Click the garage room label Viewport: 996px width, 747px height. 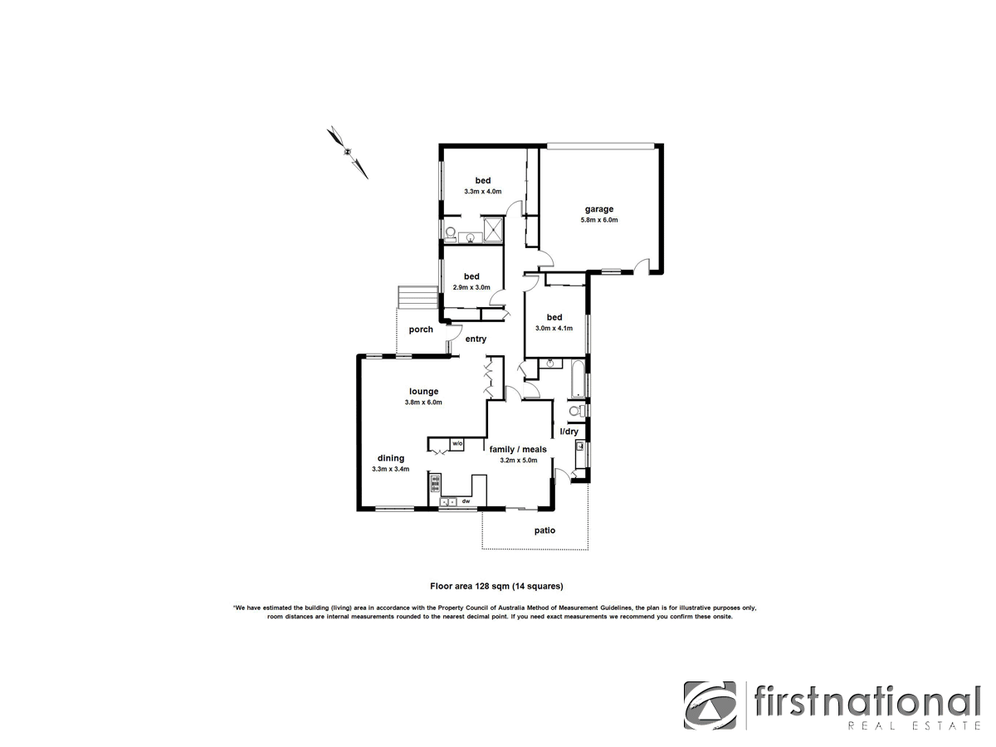598,209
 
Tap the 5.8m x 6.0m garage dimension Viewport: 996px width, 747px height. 598,220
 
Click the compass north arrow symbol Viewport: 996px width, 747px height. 348,152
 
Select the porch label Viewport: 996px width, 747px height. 421,330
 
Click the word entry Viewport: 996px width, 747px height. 476,339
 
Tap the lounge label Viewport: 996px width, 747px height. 423,392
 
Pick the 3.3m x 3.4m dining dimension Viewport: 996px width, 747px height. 390,469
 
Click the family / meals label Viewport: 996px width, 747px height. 518,449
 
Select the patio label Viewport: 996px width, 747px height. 544,530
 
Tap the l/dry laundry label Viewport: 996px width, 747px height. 569,432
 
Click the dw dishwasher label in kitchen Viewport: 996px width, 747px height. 466,501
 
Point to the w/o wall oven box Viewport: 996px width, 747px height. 457,445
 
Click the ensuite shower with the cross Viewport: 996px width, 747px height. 493,228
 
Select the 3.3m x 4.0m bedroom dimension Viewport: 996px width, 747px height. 482,192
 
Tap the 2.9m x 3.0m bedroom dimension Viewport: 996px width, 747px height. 471,287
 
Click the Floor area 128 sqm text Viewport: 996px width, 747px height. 496,586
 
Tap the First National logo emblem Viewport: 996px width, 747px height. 710,706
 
